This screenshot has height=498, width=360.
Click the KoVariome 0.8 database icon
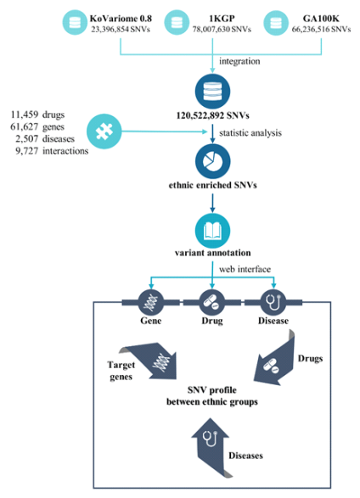75,22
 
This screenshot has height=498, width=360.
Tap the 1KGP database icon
177,22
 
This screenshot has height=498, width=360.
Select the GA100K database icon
276,22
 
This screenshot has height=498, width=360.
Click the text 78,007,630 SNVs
222,30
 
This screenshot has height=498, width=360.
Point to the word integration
239,61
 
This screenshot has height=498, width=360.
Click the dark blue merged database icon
212,91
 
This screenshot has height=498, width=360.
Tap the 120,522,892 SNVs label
212,115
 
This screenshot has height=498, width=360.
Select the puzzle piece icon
104,131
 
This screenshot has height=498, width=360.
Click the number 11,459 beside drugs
25,115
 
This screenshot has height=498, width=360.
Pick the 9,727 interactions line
52,150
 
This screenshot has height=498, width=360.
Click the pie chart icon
212,161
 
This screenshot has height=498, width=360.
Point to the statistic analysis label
250,132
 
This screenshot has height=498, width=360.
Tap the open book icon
212,231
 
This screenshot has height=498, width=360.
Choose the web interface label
245,269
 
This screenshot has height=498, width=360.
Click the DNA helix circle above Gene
151,302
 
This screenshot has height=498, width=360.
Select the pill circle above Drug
212,302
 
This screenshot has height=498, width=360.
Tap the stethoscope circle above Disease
273,302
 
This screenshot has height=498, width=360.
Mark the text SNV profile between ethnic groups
212,395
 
